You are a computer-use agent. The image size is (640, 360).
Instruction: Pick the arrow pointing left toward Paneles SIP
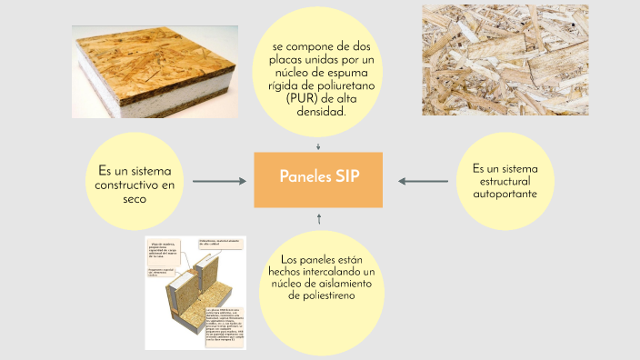[x=423, y=181]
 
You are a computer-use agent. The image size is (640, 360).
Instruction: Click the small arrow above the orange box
[x=318, y=145]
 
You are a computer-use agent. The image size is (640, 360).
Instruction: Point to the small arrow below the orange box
[x=319, y=218]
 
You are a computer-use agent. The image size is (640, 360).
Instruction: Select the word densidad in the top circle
[x=318, y=113]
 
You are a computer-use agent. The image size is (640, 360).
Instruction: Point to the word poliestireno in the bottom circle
[x=318, y=296]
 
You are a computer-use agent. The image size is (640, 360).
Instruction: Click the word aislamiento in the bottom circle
[x=332, y=285]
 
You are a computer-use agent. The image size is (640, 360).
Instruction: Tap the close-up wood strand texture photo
[x=505, y=60]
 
